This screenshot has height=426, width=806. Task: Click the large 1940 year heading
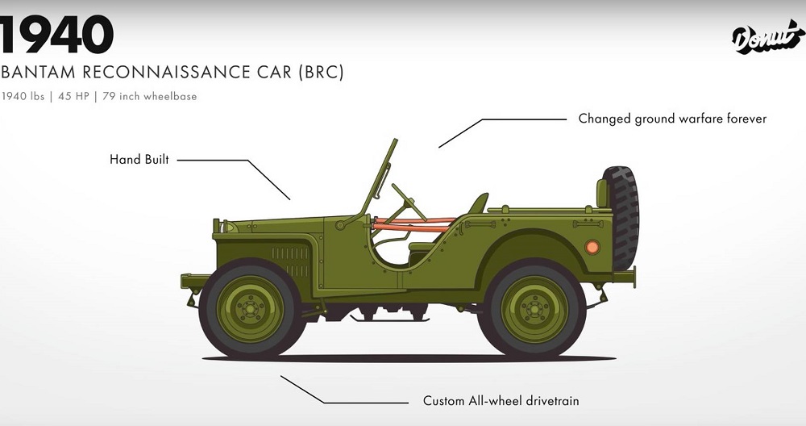pyautogui.click(x=56, y=34)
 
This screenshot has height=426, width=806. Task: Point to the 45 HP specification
pyautogui.click(x=74, y=97)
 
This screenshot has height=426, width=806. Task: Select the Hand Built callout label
pyautogui.click(x=139, y=160)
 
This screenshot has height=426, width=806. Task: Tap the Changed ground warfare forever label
pyautogui.click(x=672, y=119)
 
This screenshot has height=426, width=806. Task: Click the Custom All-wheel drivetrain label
pyautogui.click(x=501, y=400)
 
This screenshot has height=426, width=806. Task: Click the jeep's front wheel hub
pyautogui.click(x=250, y=307)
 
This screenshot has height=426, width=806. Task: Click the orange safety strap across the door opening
pyautogui.click(x=411, y=224)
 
